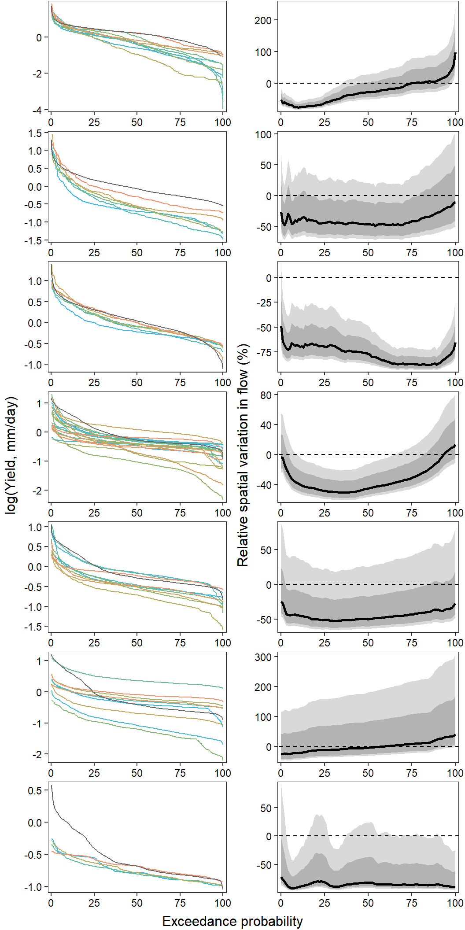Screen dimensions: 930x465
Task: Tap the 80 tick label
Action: [x=266, y=395]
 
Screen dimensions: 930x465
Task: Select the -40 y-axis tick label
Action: [x=263, y=485]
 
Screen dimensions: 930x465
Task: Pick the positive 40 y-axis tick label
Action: [x=266, y=425]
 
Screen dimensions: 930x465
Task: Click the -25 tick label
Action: [x=263, y=303]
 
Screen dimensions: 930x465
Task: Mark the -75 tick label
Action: [x=263, y=352]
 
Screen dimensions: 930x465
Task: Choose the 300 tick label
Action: [x=263, y=657]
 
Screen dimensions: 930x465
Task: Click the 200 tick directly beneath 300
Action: [x=263, y=687]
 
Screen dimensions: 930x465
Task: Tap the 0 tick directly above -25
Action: [x=269, y=278]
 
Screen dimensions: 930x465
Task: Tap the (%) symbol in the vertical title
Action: [x=243, y=354]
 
